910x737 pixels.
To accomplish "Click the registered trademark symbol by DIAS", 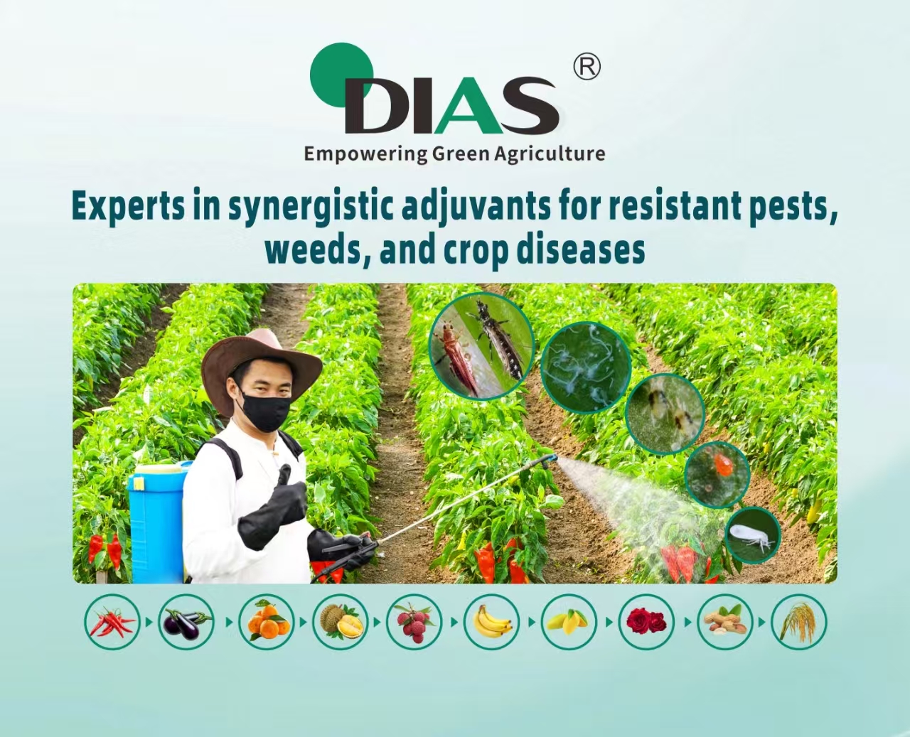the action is click(587, 67).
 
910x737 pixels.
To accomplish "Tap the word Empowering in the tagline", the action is click(365, 154).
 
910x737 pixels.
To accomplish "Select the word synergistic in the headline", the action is click(310, 207).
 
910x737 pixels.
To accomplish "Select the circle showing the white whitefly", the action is click(752, 535).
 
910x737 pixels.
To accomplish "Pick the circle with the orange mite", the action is click(717, 475).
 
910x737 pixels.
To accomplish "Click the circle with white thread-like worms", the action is click(586, 367).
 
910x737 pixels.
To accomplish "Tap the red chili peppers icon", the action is click(112, 622).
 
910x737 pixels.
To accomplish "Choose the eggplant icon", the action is click(186, 622).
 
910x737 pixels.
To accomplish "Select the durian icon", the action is click(340, 622).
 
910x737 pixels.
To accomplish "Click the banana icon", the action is click(491, 622).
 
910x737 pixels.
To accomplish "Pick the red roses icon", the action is click(646, 622).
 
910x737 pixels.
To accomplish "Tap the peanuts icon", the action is click(724, 622).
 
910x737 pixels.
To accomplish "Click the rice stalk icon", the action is click(799, 622).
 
